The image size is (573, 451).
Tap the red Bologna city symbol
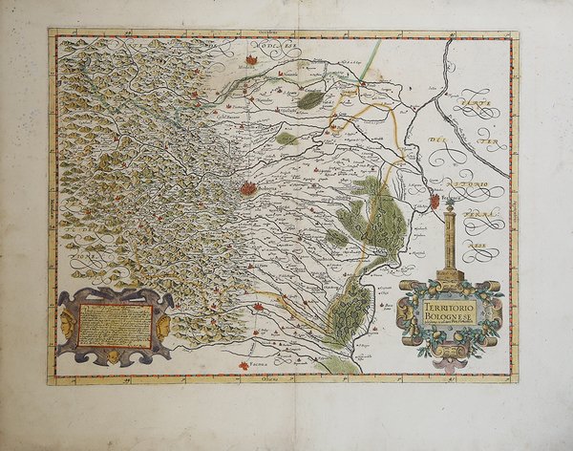(248, 189)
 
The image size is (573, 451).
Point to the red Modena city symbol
(250, 60)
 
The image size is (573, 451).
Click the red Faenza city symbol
(260, 308)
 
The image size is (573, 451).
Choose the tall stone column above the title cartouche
(447, 239)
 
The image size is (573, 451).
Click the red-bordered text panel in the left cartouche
(115, 325)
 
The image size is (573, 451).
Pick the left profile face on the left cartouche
(66, 325)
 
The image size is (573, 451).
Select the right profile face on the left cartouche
(164, 325)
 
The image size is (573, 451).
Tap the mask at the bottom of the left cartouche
(114, 356)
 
